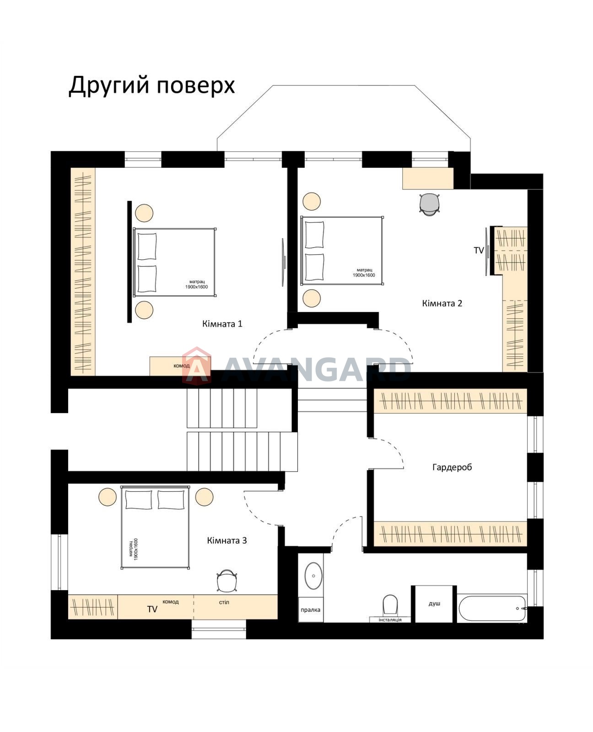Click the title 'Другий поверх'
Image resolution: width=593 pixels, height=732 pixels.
coord(151,86)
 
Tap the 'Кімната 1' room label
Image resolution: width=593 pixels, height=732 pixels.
coord(222,324)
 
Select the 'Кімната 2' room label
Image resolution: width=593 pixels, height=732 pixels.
coord(442,303)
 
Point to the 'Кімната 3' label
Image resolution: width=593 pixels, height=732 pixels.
coord(226,541)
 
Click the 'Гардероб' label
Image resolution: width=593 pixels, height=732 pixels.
coord(452,467)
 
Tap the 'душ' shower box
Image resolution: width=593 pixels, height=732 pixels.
coord(434,604)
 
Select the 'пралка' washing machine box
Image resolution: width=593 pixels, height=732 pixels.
coord(310,610)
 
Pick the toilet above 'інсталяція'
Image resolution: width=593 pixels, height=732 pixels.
coord(390,605)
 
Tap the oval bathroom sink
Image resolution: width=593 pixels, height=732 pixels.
coord(313,576)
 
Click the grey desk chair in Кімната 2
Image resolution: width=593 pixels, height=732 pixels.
coord(430,204)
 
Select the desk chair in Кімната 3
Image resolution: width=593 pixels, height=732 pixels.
coord(226,581)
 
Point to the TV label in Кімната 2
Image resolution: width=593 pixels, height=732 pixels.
coord(479,251)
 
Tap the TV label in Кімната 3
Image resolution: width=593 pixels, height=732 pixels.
coord(152,609)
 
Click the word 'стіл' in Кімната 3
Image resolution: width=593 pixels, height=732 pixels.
coord(224,602)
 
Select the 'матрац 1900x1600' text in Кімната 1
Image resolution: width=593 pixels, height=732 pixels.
coord(196,285)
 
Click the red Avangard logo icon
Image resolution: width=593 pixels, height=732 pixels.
coord(196,365)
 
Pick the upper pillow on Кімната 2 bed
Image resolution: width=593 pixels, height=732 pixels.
coord(314,234)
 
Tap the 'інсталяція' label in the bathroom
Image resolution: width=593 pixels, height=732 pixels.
coord(390,620)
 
